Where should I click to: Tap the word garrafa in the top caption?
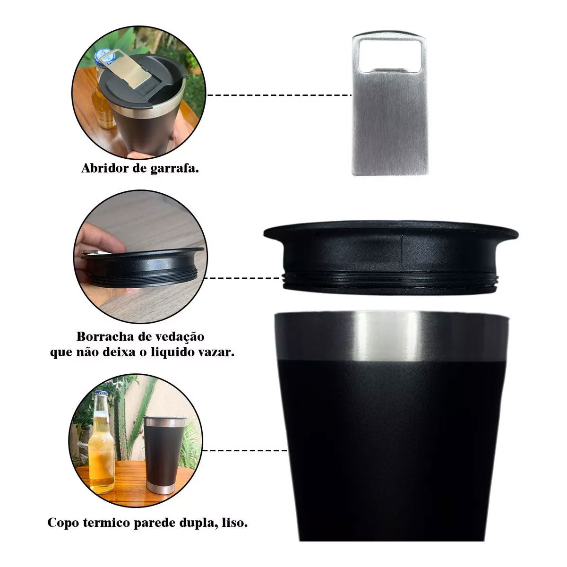(174, 169)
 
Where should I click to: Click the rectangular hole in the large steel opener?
(389, 55)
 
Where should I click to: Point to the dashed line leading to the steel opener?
(279, 95)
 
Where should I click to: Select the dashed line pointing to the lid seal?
(242, 278)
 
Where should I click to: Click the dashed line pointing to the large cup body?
(245, 450)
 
